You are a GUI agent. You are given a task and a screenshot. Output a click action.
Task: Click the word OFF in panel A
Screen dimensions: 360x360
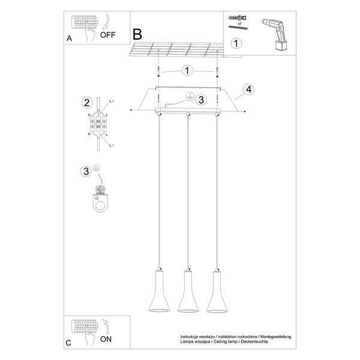[x=108, y=34]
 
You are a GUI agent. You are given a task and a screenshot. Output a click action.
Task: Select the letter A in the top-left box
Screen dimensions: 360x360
[x=69, y=38]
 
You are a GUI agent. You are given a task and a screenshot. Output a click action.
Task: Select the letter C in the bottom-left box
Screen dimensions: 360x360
[x=69, y=343]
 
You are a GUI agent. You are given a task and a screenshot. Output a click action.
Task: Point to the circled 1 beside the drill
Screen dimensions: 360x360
[x=238, y=43]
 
